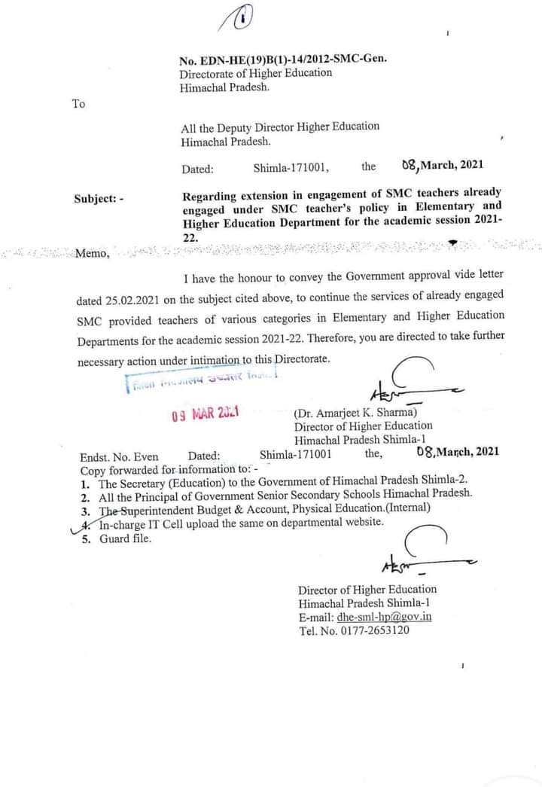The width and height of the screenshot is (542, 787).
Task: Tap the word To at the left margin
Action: pyautogui.click(x=79, y=104)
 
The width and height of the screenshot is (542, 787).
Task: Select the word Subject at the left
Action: pyautogui.click(x=94, y=199)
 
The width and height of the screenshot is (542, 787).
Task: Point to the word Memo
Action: pyautogui.click(x=92, y=253)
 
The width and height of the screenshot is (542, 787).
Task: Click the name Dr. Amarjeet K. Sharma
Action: pyautogui.click(x=358, y=412)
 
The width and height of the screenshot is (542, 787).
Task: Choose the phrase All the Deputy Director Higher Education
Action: pyautogui.click(x=280, y=127)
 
